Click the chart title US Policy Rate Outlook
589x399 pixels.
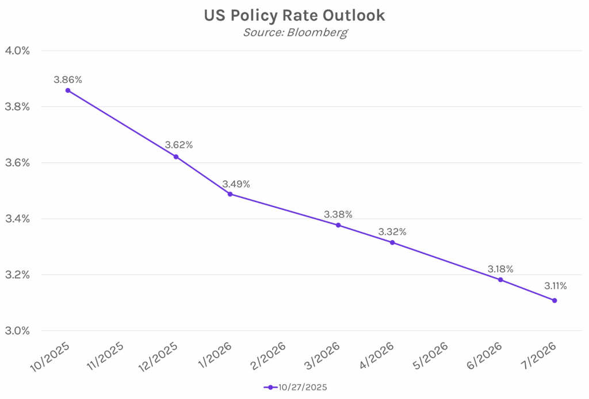tap(294, 16)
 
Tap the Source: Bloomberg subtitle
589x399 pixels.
tap(294, 32)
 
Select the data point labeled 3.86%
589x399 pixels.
tap(68, 90)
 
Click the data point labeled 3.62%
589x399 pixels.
tap(176, 157)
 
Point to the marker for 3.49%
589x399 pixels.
tap(230, 194)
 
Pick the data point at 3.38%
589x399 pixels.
tap(338, 225)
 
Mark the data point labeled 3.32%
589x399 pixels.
tap(392, 242)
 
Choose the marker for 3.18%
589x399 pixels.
tap(500, 280)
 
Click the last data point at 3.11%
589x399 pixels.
tap(554, 301)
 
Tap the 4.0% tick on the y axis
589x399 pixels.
tap(18, 51)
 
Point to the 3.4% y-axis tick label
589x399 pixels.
tap(18, 219)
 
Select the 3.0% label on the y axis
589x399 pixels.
tap(18, 331)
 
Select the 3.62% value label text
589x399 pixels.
tap(179, 145)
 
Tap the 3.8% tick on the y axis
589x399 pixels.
tap(18, 107)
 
